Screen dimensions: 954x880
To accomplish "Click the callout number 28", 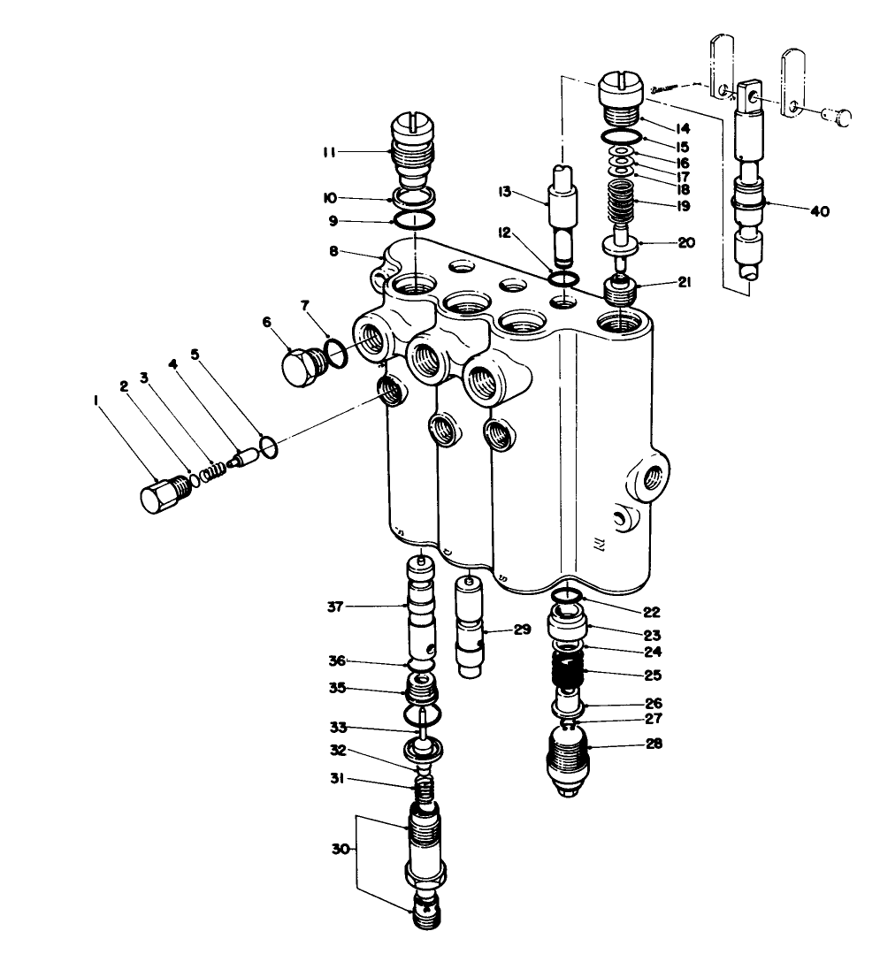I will click(x=654, y=744).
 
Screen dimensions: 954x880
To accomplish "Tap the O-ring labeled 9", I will click(x=414, y=219).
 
